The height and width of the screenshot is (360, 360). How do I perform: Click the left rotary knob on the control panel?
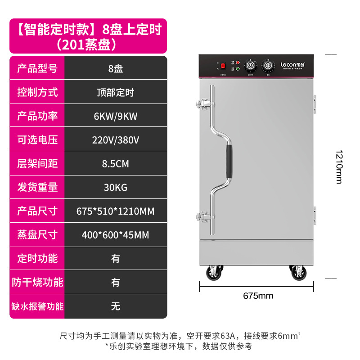pyautogui.click(x=250, y=66)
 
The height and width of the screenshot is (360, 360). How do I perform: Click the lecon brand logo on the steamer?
pyautogui.click(x=293, y=65)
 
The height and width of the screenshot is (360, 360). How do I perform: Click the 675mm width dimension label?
pyautogui.click(x=258, y=296)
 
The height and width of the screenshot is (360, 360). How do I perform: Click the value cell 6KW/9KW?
pyautogui.click(x=116, y=116)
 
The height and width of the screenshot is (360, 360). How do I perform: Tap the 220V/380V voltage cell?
pyautogui.click(x=116, y=140)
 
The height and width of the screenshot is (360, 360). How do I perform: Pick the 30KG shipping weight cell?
pyautogui.click(x=116, y=187)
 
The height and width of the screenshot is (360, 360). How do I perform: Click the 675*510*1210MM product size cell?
pyautogui.click(x=116, y=211)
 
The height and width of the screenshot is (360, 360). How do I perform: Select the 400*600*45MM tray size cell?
pyautogui.click(x=116, y=235)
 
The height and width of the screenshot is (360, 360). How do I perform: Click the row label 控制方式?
pyautogui.click(x=37, y=93)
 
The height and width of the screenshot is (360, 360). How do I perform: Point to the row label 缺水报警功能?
pyautogui.click(x=37, y=306)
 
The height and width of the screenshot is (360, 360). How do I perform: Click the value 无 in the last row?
pyautogui.click(x=116, y=306)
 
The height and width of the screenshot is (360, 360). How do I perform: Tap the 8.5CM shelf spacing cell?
pyautogui.click(x=116, y=164)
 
